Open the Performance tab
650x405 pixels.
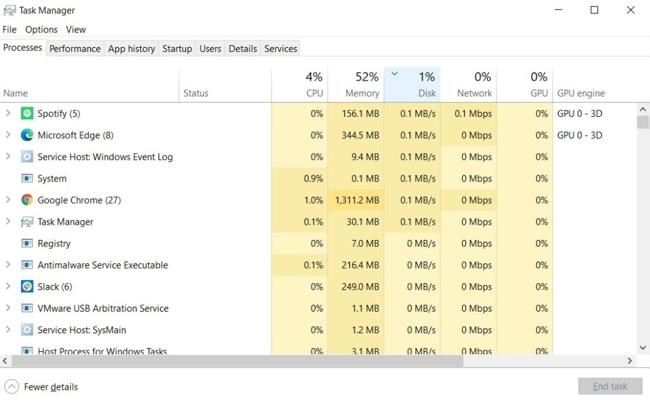[x=75, y=48]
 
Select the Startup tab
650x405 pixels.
[x=177, y=48]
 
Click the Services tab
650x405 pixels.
[x=281, y=48]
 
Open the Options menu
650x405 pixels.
[x=41, y=29]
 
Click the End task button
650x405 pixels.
[x=609, y=386]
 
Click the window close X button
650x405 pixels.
[x=630, y=10]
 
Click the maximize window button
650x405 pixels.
[x=594, y=10]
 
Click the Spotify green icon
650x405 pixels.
[x=27, y=114]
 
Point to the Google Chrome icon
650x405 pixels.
[x=27, y=200]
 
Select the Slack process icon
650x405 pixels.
[x=27, y=286]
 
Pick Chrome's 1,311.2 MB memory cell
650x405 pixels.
[x=357, y=200]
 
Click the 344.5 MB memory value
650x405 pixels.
[x=360, y=135]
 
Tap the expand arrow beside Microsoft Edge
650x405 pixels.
[x=8, y=135]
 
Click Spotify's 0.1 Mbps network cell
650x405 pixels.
[x=473, y=114]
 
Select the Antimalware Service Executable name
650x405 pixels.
[x=102, y=265]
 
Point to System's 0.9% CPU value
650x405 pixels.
[x=313, y=178]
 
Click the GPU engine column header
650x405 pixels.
[x=581, y=93]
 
